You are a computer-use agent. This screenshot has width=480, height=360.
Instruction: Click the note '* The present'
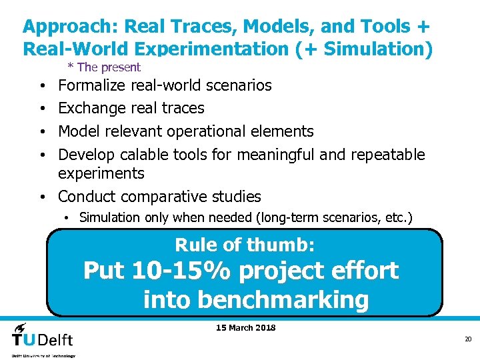(x=104, y=67)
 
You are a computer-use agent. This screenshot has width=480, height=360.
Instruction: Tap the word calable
(x=144, y=155)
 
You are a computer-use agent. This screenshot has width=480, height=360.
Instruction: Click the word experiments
(x=101, y=173)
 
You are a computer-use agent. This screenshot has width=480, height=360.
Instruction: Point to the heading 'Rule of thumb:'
(x=245, y=245)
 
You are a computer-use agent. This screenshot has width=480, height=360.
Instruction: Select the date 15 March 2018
(x=246, y=327)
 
